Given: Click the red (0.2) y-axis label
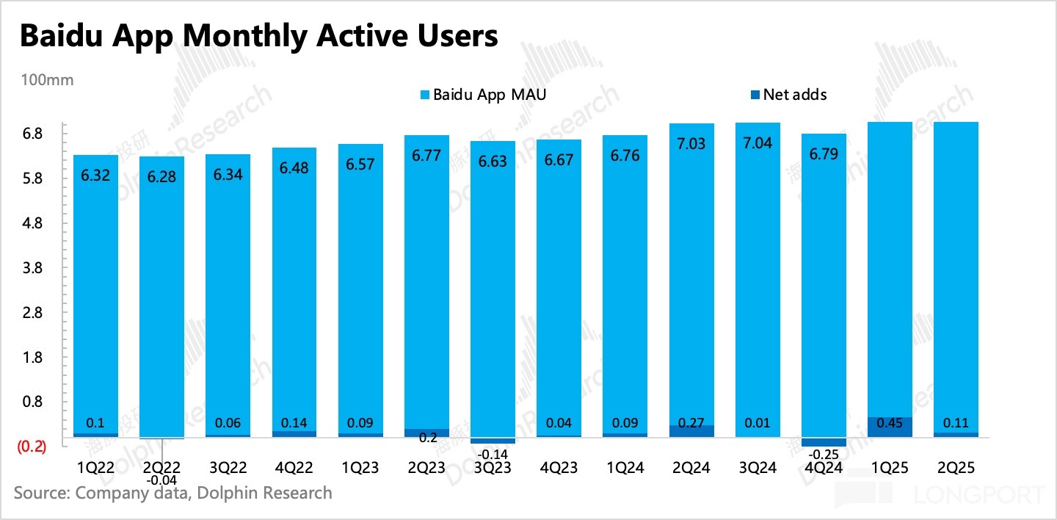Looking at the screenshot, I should (x=32, y=446).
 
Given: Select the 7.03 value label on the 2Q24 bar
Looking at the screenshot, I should (x=691, y=144).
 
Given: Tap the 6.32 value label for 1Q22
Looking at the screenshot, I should (x=95, y=176).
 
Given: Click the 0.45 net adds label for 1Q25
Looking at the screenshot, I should (x=890, y=423).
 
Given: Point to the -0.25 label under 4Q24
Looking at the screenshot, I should (x=824, y=454).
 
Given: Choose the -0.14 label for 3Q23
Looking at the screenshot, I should (x=493, y=454).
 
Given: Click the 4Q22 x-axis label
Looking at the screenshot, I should (x=294, y=468).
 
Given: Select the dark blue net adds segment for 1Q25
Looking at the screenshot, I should (x=890, y=427).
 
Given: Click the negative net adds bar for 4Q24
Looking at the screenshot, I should (x=824, y=441).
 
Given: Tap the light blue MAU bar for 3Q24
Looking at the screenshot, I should (x=758, y=279).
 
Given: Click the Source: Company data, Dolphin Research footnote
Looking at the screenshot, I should (x=172, y=493).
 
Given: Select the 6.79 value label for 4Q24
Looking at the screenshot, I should (x=824, y=154).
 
